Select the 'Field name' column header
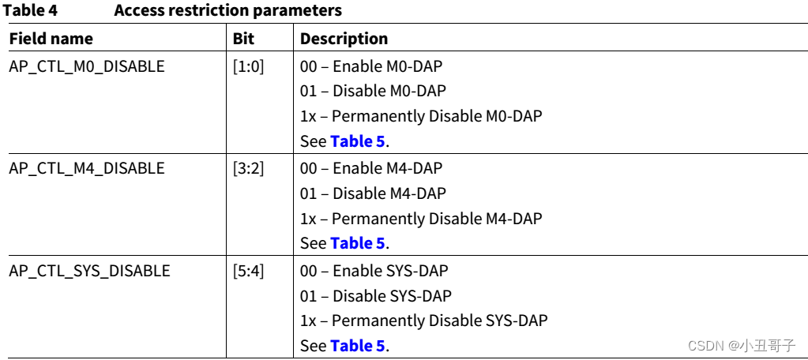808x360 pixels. point(51,38)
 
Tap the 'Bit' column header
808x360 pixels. point(243,38)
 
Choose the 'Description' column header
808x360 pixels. point(344,38)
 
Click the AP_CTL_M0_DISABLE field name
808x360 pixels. point(87,66)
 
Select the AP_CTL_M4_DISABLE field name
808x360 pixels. point(87,168)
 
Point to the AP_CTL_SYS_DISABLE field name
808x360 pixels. point(89,271)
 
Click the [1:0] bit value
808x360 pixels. point(248,66)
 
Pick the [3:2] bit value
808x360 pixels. point(248,168)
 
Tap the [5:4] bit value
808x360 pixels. point(248,271)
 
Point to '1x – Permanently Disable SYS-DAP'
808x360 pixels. point(424,321)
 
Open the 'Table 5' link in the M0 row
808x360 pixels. point(359,141)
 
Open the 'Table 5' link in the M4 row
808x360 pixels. point(359,243)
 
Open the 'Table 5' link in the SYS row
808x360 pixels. point(359,346)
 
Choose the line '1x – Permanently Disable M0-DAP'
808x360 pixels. point(421,116)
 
